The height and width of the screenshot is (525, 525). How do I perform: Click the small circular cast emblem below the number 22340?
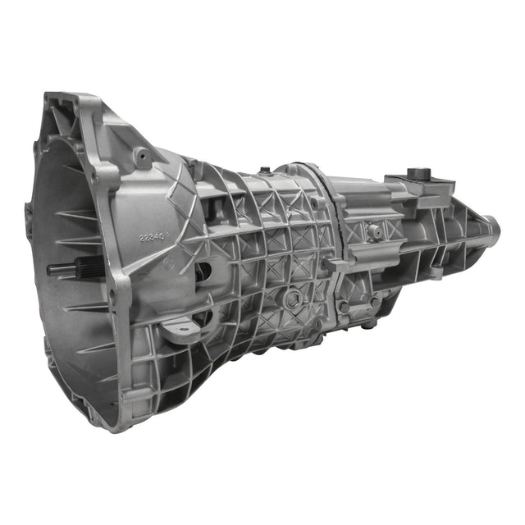[x=169, y=263]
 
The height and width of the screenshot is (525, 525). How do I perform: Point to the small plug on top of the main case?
[x=265, y=171]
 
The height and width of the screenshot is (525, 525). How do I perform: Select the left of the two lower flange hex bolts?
[x=345, y=307]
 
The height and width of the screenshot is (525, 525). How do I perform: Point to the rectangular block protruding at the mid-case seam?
[x=335, y=264]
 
